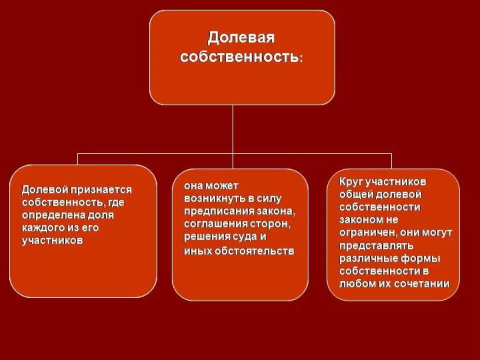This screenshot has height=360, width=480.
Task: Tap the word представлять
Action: (375, 245)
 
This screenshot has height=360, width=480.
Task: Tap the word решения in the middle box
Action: (205, 235)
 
